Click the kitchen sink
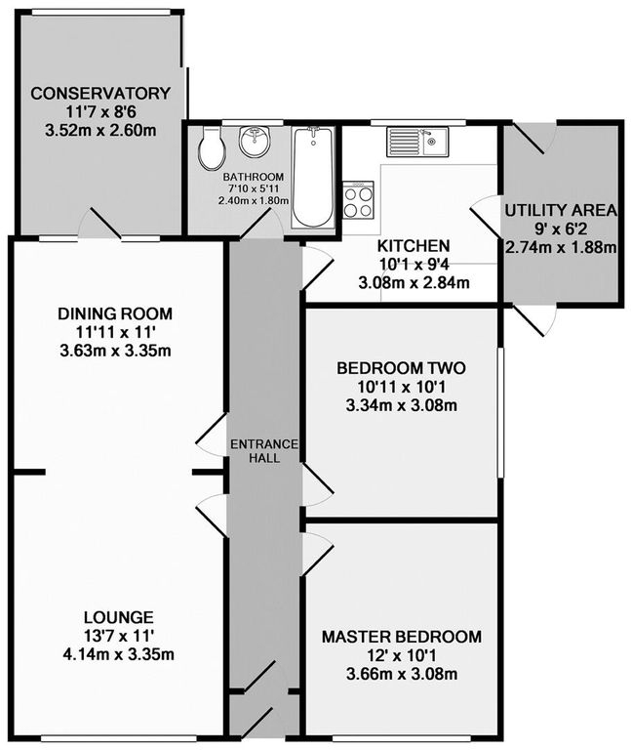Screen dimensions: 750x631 pyautogui.click(x=416, y=143)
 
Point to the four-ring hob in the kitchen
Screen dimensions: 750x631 pyautogui.click(x=359, y=199)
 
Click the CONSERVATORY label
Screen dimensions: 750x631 pyautogui.click(x=100, y=94)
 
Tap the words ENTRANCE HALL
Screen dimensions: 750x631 pyautogui.click(x=263, y=451)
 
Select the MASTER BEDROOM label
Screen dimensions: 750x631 pyautogui.click(x=402, y=638)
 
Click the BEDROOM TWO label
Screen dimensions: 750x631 pyautogui.click(x=401, y=369)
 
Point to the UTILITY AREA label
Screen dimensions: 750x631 pyautogui.click(x=560, y=210)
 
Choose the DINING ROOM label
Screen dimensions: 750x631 pyautogui.click(x=114, y=313)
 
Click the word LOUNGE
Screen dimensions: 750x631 pyautogui.click(x=118, y=617)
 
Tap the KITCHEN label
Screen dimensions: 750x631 pyautogui.click(x=414, y=246)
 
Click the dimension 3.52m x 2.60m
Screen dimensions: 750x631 pyautogui.click(x=100, y=129)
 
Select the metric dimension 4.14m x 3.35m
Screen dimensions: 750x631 pyautogui.click(x=118, y=653)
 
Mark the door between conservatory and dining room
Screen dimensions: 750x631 pyautogui.click(x=100, y=225)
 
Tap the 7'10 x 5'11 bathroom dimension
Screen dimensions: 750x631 pyautogui.click(x=252, y=188)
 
